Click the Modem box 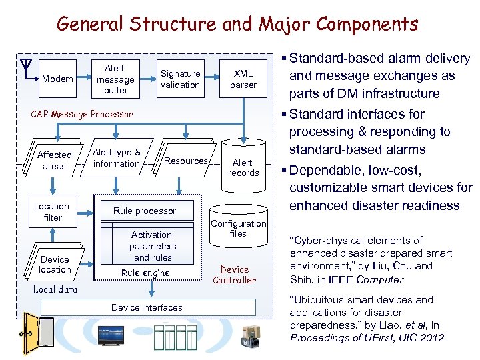pos(57,79)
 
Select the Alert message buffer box pos(115,79)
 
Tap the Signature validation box pos(180,79)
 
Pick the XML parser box pos(243,79)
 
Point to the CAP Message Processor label pos(82,114)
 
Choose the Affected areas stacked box pos(54,161)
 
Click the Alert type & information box pos(117,158)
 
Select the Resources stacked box pos(185,161)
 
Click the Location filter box pos(52,211)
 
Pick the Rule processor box pos(145,211)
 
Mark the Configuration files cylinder pos(238,229)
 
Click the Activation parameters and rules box pos(152,246)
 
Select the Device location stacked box pos(55,264)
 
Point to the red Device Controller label pos(235,275)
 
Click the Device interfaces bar pos(147,307)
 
